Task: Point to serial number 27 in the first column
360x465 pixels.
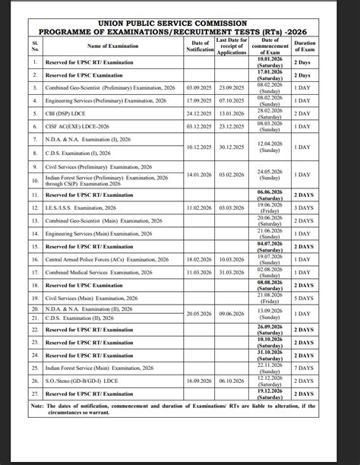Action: (35, 394)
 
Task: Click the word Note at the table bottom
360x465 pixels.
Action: (38, 406)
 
